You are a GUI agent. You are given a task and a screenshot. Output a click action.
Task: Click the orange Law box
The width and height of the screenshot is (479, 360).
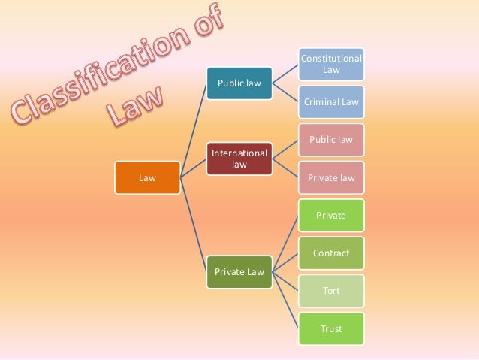[x=147, y=178]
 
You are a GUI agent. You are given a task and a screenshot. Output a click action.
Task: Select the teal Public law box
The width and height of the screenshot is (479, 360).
[x=239, y=83]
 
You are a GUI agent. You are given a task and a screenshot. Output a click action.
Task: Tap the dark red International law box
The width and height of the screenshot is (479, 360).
[x=239, y=158]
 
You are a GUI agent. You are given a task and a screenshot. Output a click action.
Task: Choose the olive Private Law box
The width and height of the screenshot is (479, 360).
[x=239, y=271]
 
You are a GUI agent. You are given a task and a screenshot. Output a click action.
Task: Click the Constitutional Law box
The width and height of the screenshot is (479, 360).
[x=330, y=64]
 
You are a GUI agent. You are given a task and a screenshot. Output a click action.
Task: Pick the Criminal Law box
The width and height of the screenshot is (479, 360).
[x=330, y=101]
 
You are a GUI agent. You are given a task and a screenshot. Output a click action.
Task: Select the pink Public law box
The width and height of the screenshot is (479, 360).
[x=330, y=140]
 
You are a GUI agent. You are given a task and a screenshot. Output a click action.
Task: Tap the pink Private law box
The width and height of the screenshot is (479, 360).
[x=330, y=177]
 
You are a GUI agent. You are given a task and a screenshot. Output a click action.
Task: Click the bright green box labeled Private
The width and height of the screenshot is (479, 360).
[x=330, y=215]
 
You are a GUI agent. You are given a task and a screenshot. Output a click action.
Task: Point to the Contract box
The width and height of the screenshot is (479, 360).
[x=330, y=253]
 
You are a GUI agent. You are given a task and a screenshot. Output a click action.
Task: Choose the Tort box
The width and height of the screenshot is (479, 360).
[x=330, y=290]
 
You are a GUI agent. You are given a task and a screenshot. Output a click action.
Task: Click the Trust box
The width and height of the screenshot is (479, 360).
[x=330, y=328]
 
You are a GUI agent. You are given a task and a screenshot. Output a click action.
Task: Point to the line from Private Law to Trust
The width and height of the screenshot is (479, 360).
[x=285, y=300]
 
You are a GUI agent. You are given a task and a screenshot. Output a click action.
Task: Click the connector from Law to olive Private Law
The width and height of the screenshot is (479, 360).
[x=194, y=225]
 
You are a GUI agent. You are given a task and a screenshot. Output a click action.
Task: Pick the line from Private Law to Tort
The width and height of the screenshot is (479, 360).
[x=285, y=281]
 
